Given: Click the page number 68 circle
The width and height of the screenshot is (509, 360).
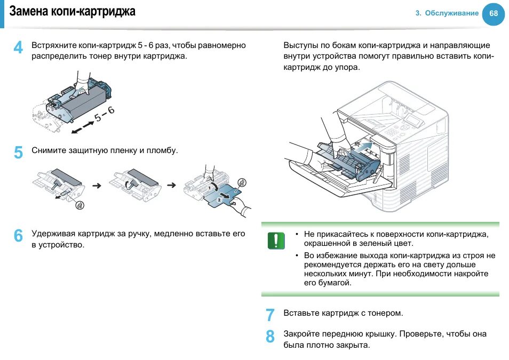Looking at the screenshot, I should click(493, 14).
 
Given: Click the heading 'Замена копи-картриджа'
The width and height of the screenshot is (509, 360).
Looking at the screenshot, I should click(73, 11).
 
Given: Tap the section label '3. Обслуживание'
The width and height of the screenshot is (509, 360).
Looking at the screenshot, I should click(447, 13).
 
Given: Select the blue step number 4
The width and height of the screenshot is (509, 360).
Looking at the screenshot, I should click(18, 48).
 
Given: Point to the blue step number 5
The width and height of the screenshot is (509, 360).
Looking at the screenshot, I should click(18, 153).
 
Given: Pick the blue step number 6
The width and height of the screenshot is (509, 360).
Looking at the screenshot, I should click(18, 236).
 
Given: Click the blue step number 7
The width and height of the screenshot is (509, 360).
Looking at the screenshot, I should click(270, 315).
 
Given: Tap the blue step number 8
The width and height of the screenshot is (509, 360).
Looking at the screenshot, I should click(270, 337).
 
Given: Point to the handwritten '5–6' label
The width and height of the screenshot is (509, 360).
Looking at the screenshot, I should click(104, 114).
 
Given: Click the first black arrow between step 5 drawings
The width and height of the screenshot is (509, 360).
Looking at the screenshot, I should click(97, 186).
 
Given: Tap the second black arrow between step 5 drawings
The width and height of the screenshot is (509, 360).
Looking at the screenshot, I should click(171, 186).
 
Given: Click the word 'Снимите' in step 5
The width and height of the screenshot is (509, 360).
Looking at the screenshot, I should click(49, 151).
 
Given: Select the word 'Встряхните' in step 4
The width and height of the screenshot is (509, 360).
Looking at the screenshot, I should click(54, 45).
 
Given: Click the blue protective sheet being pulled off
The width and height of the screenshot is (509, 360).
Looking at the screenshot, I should click(221, 195).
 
